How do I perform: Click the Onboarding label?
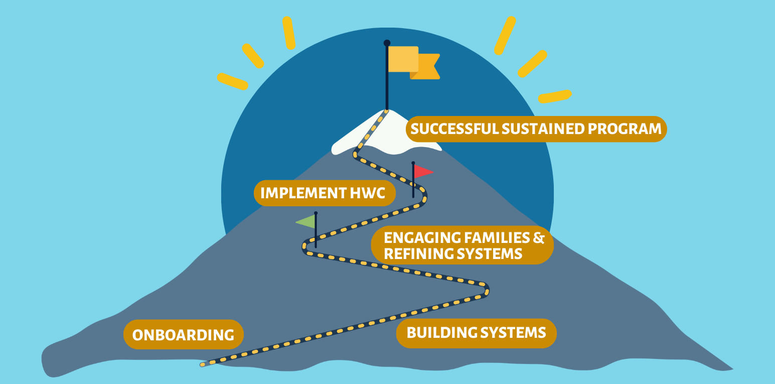click(x=183, y=335)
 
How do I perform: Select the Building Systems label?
click(x=476, y=333)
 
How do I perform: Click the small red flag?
click(x=423, y=172)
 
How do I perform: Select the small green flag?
click(x=306, y=221)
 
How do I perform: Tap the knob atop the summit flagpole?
click(x=387, y=43)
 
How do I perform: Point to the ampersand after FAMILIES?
click(x=539, y=237)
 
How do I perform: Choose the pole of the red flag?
click(x=413, y=183)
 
